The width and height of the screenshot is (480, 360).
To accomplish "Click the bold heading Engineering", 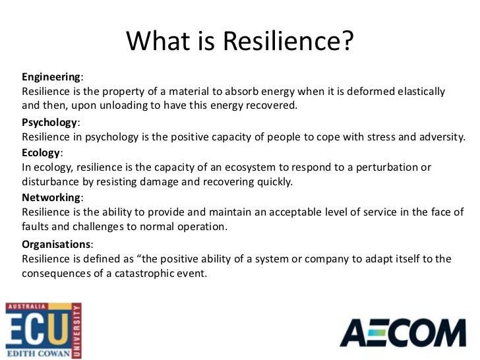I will (x=51, y=76).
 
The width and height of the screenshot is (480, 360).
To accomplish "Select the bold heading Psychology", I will (x=49, y=123).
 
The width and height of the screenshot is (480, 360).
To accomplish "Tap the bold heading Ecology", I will (x=42, y=152).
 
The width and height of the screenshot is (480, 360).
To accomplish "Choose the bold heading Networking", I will (x=51, y=197).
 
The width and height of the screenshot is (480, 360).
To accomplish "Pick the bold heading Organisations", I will (x=55, y=244).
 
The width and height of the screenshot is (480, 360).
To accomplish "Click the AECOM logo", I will (x=402, y=333).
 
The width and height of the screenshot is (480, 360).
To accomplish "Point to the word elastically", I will (x=415, y=91).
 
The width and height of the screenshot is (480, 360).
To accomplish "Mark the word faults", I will (x=36, y=227).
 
